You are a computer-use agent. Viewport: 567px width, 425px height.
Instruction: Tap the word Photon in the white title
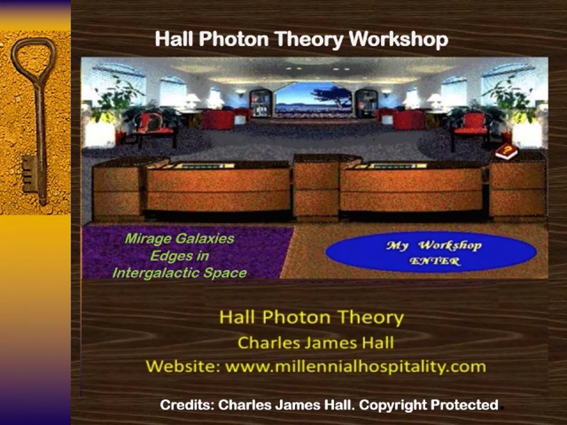tap(234, 39)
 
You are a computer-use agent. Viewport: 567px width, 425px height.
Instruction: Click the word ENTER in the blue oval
tap(434, 261)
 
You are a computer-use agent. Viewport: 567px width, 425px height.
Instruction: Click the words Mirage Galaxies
tap(179, 239)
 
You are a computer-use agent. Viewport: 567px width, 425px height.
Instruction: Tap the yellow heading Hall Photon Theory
tap(311, 317)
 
